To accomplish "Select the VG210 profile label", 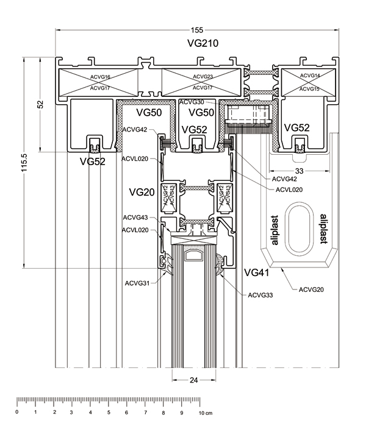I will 202,43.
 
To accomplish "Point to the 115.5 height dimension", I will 26,163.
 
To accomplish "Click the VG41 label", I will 256,272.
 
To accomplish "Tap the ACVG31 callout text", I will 138,283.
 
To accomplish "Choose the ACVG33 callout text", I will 260,295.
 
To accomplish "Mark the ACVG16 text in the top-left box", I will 99,77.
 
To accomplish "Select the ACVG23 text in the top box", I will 203,77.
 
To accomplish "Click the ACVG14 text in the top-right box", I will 310,76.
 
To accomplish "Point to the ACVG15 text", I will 310,89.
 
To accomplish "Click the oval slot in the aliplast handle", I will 299,227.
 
